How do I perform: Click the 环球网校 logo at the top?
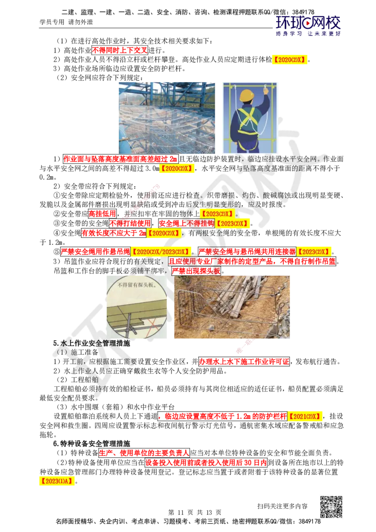308,25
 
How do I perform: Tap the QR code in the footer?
331,506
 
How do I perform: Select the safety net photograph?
167,118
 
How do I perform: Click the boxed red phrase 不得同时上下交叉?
120,51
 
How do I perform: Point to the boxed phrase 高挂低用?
102,214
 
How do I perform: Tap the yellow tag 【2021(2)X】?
305,416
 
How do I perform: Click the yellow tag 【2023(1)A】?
57,481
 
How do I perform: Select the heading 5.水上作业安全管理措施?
92,343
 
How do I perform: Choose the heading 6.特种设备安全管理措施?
92,444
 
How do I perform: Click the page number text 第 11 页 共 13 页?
195,512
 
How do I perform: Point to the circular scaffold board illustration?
137,307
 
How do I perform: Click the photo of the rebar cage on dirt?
232,307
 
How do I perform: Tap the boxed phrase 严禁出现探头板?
196,271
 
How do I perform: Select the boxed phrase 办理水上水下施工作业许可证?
244,361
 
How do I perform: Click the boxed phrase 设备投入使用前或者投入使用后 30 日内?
206,462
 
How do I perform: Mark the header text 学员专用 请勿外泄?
66,22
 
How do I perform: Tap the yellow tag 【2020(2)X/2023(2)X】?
160,252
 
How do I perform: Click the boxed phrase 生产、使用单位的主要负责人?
144,453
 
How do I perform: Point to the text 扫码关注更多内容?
282,506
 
